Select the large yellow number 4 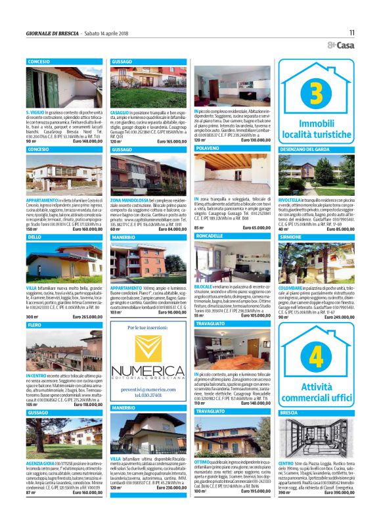click(x=316, y=355)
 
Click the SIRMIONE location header click(x=292, y=235)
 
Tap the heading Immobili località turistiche click(x=316, y=128)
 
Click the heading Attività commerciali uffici click(x=316, y=392)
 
